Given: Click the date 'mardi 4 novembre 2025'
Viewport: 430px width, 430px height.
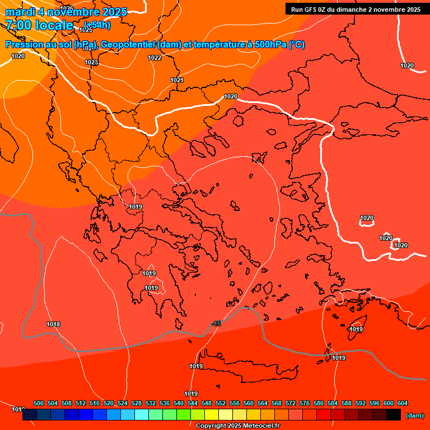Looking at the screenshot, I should point(66,12).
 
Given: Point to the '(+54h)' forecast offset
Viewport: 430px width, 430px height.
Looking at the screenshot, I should point(97,25).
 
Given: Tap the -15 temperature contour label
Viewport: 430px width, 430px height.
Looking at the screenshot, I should point(217,324).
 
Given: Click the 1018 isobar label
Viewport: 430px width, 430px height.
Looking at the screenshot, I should point(53,324).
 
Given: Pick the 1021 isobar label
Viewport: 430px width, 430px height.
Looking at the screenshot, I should point(177,80).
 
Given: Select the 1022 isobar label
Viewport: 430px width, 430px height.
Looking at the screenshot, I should point(155,58).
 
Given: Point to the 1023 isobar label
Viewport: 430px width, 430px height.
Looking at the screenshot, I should point(92,62).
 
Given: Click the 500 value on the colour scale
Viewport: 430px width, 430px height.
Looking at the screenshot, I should point(39,403).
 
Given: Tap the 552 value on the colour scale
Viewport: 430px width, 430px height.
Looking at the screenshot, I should point(221,403).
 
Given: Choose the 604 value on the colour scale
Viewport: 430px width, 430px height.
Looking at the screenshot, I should point(403,403).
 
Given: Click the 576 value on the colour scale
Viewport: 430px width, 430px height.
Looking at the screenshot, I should point(305,403).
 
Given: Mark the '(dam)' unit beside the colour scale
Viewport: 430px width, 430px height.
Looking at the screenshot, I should point(415,415).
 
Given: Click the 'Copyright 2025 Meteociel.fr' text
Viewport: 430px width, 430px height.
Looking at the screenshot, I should point(238,426).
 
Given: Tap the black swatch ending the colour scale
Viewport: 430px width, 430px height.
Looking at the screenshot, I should point(394,415).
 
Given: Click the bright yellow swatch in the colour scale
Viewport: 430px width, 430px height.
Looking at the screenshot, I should point(212,415).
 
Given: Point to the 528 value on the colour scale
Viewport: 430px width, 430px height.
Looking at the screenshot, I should point(137,403).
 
